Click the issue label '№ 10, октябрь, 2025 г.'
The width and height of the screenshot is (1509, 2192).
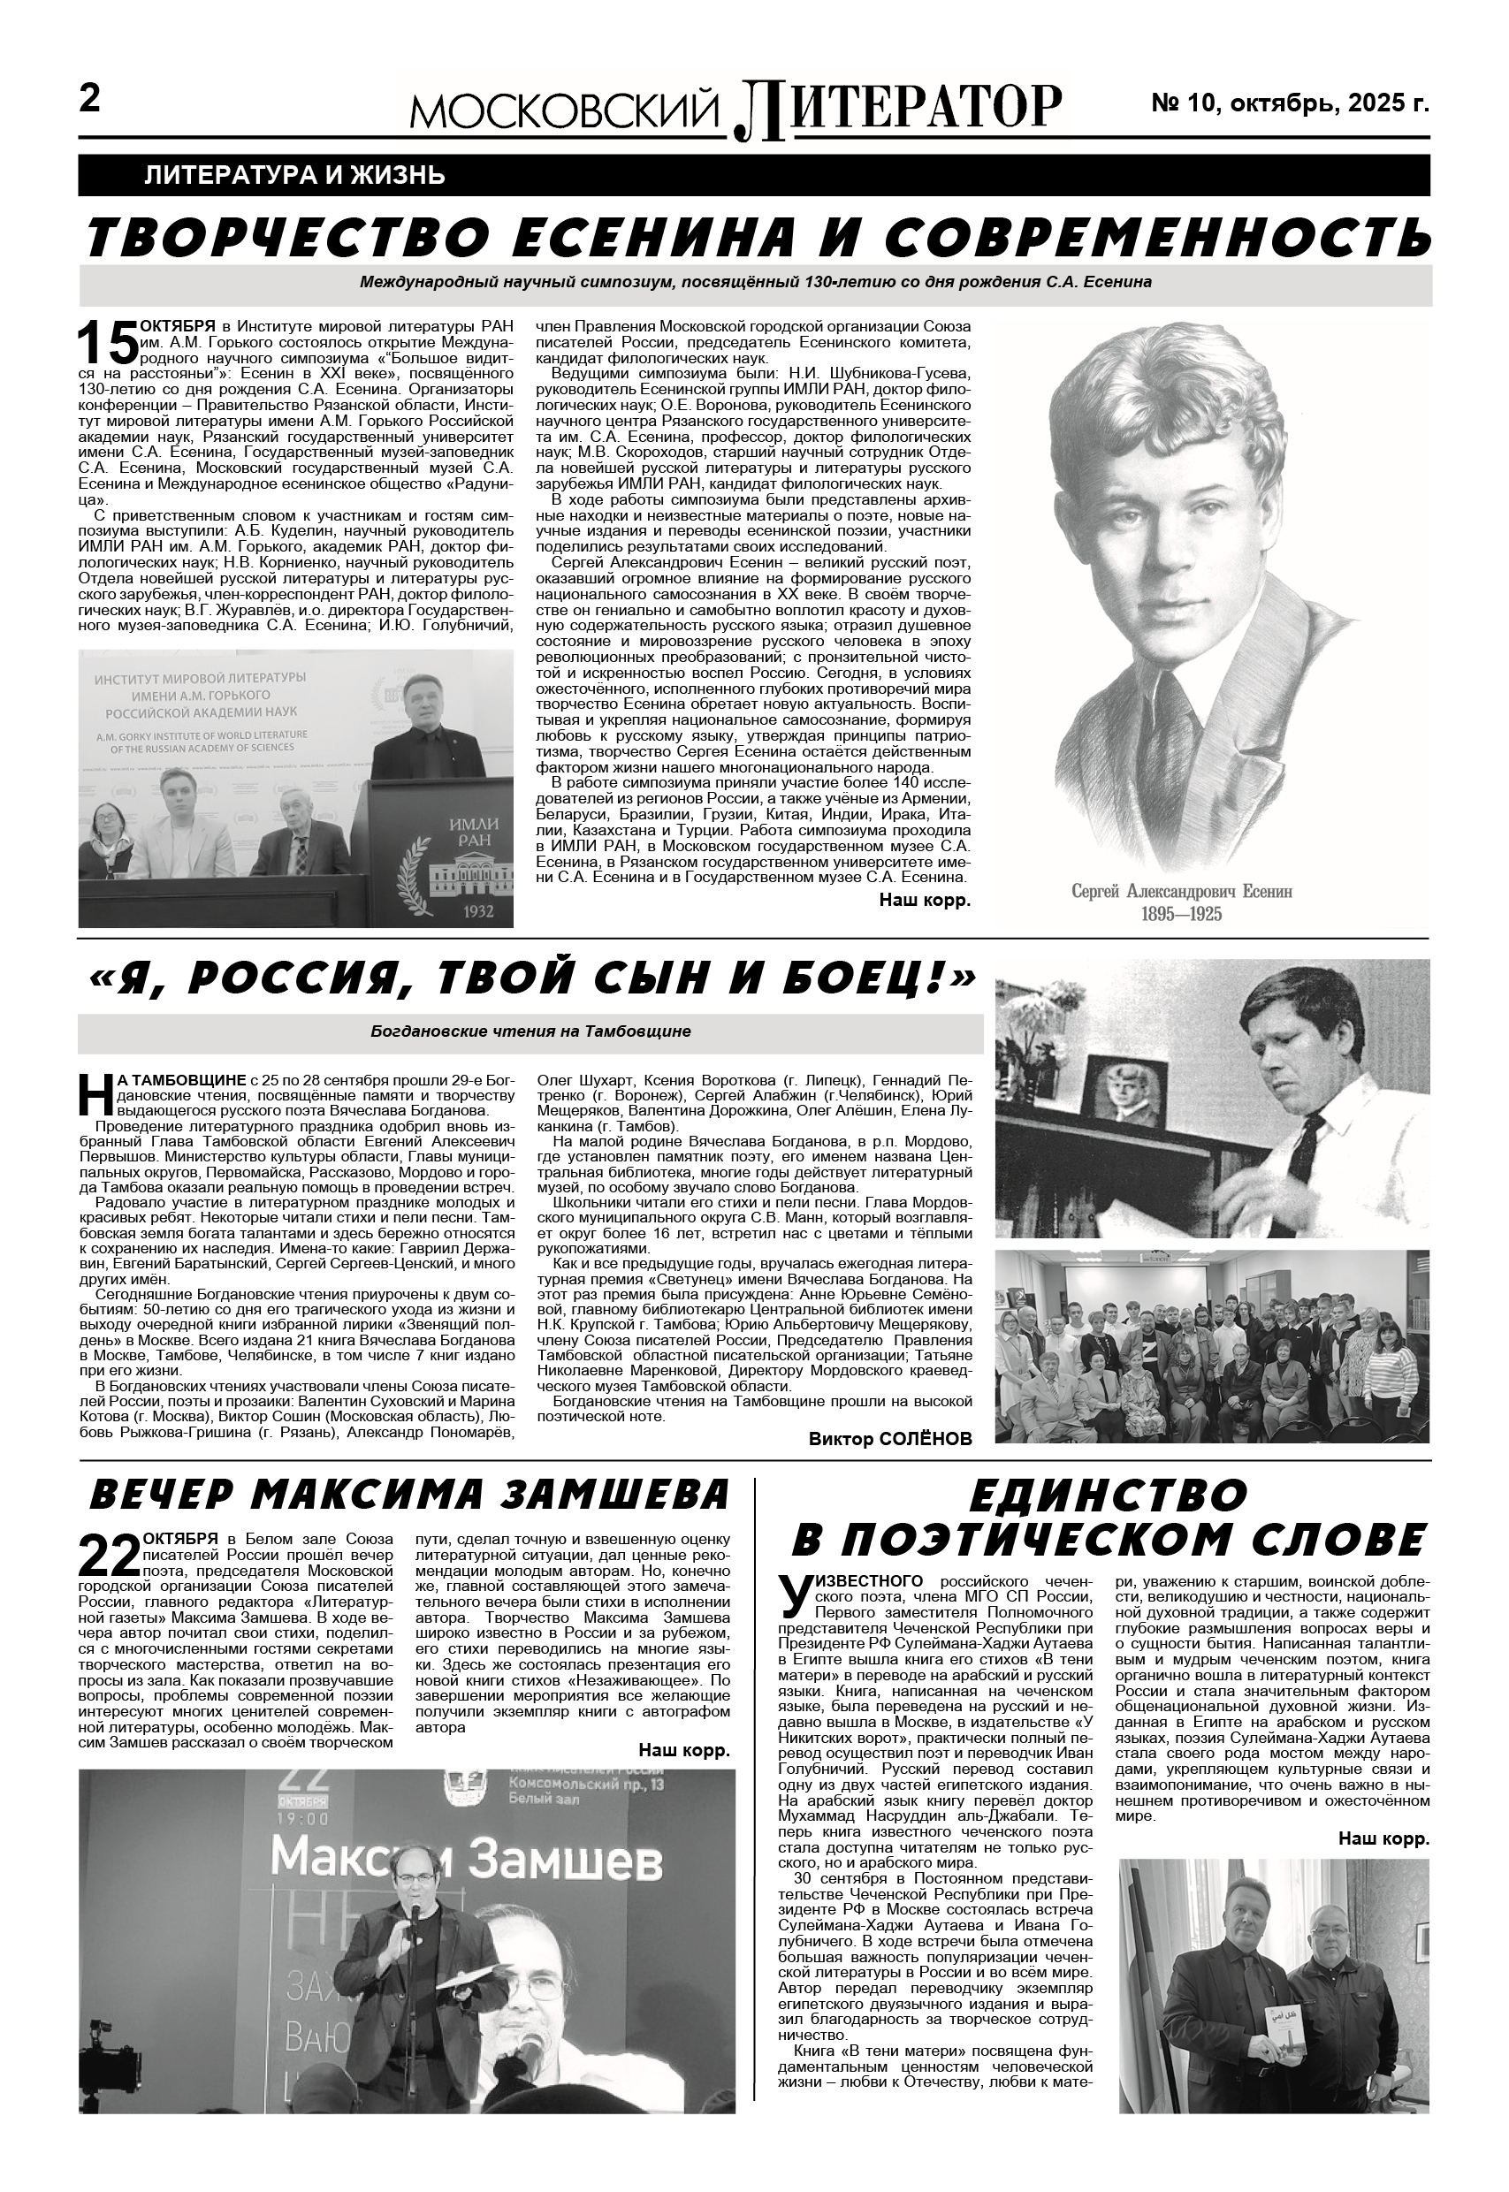[1289, 103]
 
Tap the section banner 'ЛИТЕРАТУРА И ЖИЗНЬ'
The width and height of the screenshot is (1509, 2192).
[295, 175]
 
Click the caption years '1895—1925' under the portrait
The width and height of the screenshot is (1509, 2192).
[1181, 913]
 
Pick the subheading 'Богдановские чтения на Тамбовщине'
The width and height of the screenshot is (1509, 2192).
[530, 1031]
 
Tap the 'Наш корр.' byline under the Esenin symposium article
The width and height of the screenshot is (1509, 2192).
[925, 900]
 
